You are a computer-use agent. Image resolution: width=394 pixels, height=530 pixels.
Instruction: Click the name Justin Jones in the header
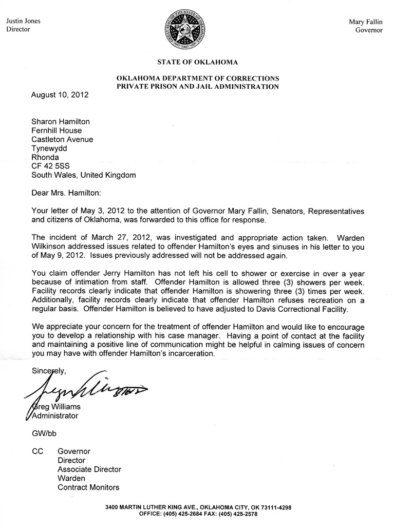[x=23, y=21]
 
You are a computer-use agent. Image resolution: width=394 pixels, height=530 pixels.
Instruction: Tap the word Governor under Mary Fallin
[x=369, y=30]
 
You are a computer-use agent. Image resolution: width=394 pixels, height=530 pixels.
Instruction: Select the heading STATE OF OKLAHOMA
[x=198, y=62]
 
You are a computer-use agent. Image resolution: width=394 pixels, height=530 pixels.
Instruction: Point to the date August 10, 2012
[x=60, y=94]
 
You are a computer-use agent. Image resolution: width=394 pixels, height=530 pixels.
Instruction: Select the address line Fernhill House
[x=57, y=130]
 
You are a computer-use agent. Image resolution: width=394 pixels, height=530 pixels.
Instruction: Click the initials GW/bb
[x=44, y=433]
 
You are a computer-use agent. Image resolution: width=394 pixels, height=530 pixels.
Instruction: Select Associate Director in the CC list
[x=89, y=469]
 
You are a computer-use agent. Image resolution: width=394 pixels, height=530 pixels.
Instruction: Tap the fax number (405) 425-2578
[x=237, y=514]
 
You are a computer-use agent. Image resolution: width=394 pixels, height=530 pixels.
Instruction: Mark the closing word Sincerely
[x=49, y=370]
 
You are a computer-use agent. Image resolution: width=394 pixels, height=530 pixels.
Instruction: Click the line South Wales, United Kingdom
[x=84, y=175]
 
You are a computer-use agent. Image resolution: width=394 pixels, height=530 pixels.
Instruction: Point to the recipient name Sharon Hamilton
[x=61, y=122]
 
